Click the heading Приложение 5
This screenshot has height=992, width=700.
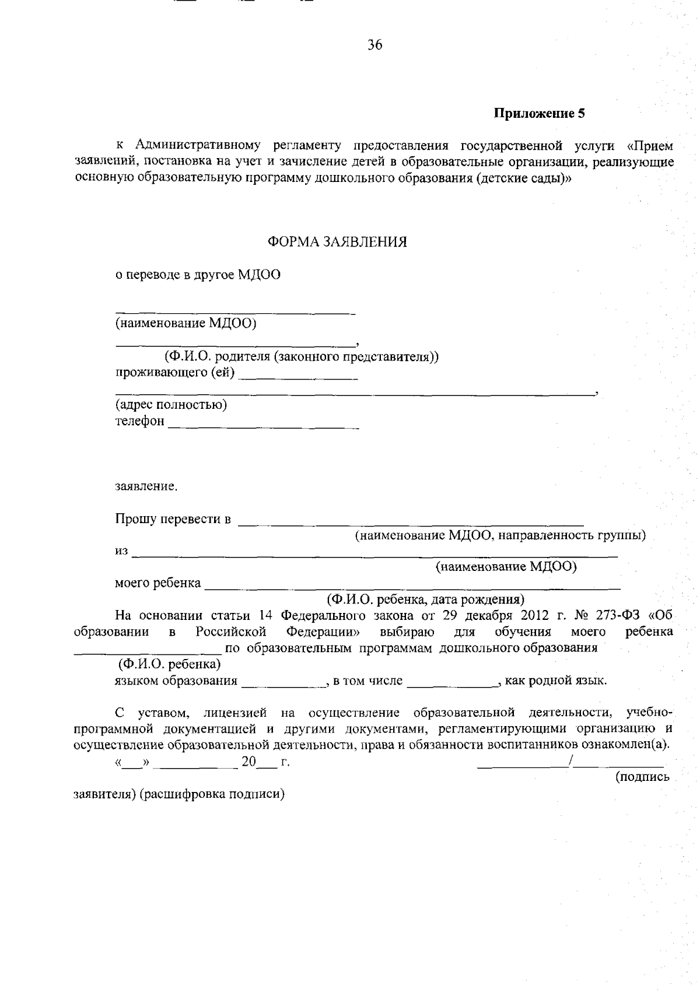[539, 114]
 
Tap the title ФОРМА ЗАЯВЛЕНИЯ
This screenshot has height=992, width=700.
[337, 242]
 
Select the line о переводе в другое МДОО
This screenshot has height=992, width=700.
[198, 275]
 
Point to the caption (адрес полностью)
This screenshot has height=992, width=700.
[171, 404]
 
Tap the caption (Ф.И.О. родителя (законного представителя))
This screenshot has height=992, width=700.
[302, 356]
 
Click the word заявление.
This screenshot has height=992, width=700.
[146, 486]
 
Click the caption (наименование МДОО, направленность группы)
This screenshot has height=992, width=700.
[501, 535]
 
